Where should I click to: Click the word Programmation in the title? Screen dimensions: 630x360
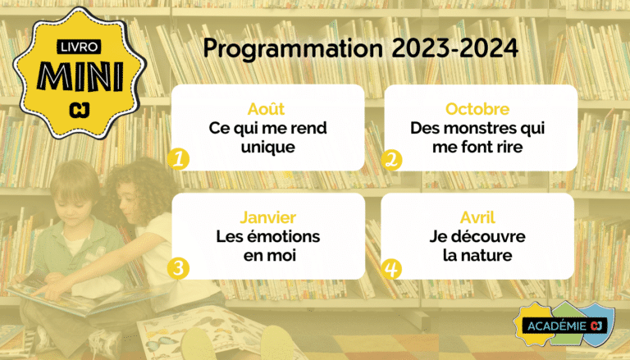(293, 49)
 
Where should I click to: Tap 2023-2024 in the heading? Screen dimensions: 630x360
(454, 48)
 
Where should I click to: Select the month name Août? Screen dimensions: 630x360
(266, 108)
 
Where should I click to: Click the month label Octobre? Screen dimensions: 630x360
(477, 109)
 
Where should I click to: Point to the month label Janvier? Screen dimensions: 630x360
(268, 217)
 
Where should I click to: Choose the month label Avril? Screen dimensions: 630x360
(477, 217)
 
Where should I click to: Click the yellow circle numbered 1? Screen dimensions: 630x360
(178, 159)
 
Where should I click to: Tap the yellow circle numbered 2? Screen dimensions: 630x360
(392, 160)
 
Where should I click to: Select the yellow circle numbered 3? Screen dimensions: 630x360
(178, 268)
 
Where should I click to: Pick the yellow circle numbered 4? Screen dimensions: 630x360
(391, 269)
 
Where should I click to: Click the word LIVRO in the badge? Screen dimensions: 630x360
(79, 47)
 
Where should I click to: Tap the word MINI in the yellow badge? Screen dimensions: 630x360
(80, 76)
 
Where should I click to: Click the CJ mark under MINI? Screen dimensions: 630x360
(79, 110)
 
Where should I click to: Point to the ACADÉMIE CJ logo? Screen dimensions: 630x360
(564, 325)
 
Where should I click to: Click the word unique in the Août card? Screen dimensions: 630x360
(268, 148)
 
